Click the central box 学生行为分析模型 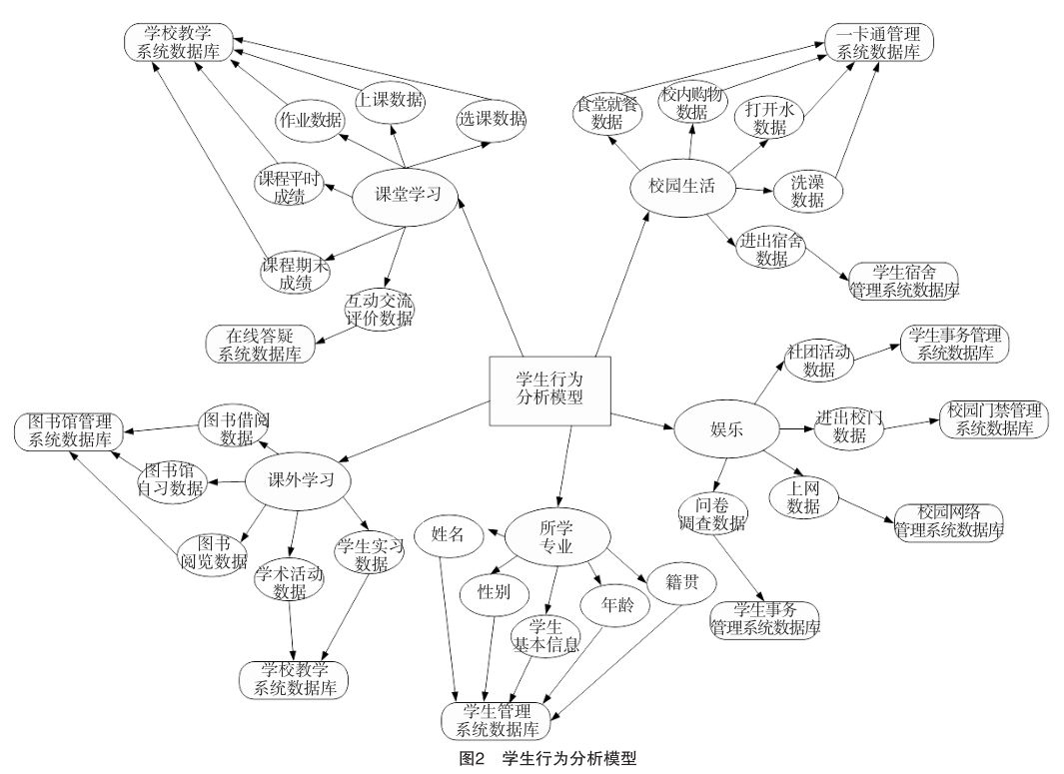pyautogui.click(x=548, y=390)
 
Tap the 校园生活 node pyautogui.click(x=681, y=187)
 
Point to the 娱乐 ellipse pyautogui.click(x=724, y=429)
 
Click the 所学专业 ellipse pyautogui.click(x=556, y=536)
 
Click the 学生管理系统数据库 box pyautogui.click(x=497, y=718)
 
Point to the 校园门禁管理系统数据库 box pyautogui.click(x=994, y=419)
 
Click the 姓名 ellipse pyautogui.click(x=449, y=533)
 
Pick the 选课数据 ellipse pyautogui.click(x=493, y=119)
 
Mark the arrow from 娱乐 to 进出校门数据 pyautogui.click(x=795, y=429)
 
